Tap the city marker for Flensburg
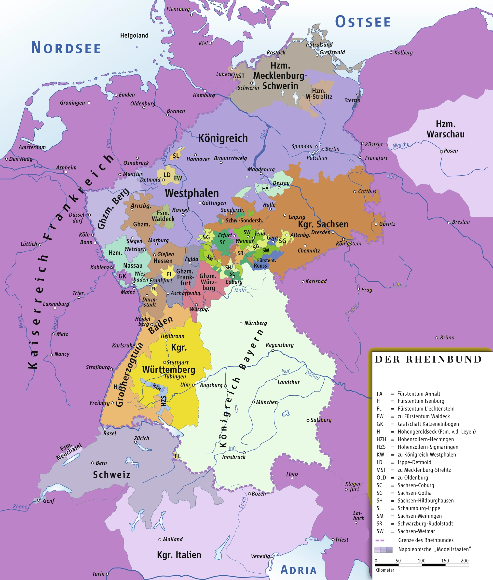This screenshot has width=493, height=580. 192,15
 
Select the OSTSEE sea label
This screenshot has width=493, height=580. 363,22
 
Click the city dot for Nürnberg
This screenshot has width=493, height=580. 241,324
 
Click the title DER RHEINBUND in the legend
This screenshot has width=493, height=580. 428,359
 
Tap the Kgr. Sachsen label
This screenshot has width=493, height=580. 323,224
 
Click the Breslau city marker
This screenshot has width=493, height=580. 449,223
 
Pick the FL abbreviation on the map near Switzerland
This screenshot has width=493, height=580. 178,456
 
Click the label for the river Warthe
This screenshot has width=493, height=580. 401,145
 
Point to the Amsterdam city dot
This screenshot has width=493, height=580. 29,144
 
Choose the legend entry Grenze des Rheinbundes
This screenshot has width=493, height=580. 426,540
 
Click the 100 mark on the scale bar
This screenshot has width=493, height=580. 422,560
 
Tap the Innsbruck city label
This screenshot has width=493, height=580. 234,457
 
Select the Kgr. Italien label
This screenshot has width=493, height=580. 179,554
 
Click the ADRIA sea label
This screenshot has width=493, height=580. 299,570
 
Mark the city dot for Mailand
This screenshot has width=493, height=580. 160,539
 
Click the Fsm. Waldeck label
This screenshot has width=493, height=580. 163,216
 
